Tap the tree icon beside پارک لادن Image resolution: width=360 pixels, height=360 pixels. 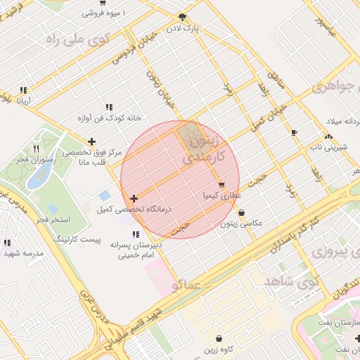[183, 17]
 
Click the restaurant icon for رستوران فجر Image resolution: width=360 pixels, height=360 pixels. [36, 149]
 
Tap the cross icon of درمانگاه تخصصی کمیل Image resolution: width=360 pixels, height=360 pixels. [134, 199]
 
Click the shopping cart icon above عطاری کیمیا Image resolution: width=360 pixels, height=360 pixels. [221, 186]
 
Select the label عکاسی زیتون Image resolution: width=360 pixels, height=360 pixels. [241, 224]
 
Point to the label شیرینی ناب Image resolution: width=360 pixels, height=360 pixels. [326, 148]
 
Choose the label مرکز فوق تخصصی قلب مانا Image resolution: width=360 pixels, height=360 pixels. [92, 156]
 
